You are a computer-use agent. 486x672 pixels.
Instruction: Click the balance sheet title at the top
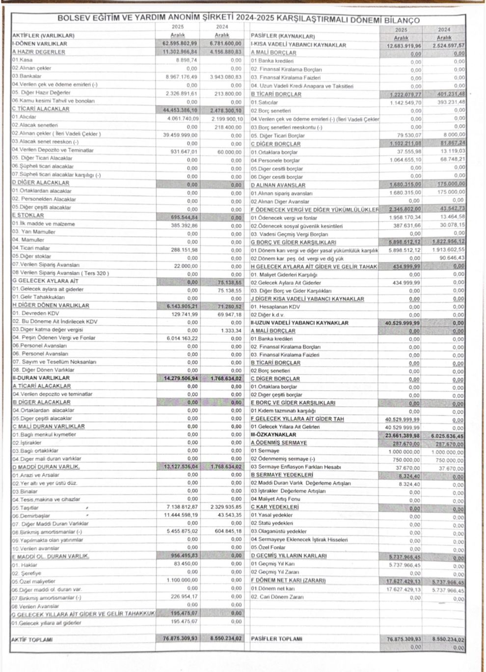[x=239, y=20]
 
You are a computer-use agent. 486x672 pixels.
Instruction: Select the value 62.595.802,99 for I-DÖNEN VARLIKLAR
[x=180, y=44]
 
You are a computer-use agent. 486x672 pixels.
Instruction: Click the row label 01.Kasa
[x=23, y=60]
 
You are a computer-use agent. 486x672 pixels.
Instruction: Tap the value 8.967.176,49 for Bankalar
[x=182, y=77]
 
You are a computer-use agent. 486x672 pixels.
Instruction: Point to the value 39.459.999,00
[x=180, y=134]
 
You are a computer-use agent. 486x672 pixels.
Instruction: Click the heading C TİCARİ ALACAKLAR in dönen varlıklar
[x=41, y=109]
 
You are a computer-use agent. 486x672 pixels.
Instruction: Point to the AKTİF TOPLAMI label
[x=32, y=640]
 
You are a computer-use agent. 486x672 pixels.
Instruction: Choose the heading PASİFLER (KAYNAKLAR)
[x=283, y=36]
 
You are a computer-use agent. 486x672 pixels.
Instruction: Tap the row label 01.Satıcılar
[x=265, y=102]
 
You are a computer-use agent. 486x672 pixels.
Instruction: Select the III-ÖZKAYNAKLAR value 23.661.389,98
[x=403, y=435]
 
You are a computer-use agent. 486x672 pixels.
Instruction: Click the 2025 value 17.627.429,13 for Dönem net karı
[x=403, y=589]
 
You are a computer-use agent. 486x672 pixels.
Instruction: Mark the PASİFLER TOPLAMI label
[x=276, y=639]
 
